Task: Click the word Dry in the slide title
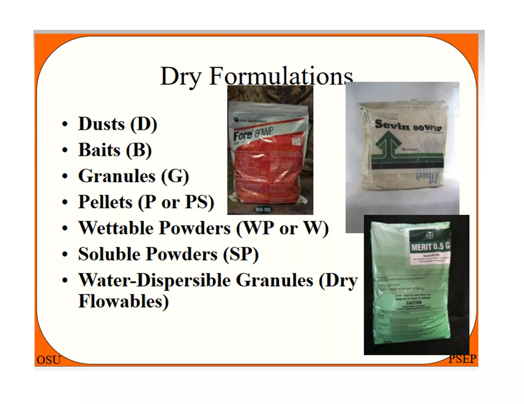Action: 181,77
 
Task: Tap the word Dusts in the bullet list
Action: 102,124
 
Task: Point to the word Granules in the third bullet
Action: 117,176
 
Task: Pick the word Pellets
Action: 105,202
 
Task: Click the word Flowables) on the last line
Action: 123,301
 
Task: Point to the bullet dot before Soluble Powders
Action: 65,254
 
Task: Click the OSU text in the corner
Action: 49,360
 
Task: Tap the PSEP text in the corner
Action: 462,359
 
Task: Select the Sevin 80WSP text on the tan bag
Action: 408,126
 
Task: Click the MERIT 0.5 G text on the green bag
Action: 430,247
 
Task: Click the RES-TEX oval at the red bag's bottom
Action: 263,209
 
